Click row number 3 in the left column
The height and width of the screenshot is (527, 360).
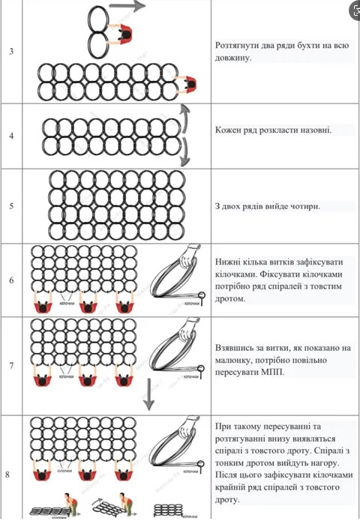pyautogui.click(x=11, y=50)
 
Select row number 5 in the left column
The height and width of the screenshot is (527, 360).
pyautogui.click(x=11, y=205)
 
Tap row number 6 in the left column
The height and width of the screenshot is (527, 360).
pyautogui.click(x=11, y=280)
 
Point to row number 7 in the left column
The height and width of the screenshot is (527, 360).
pyautogui.click(x=11, y=365)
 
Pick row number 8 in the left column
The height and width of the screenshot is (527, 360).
pyautogui.click(x=11, y=474)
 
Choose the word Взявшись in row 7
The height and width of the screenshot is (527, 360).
pyautogui.click(x=238, y=348)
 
